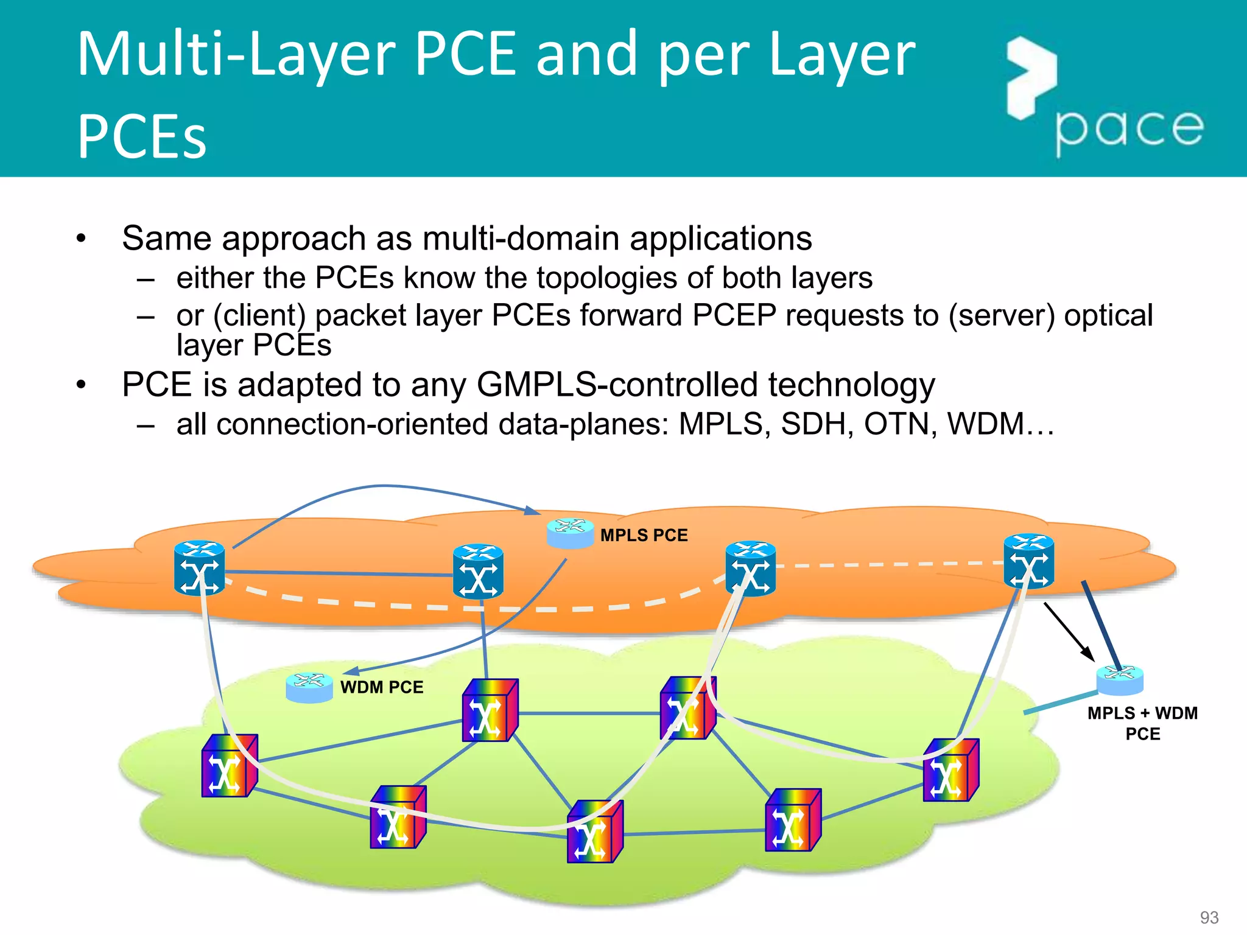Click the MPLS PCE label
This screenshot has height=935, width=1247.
(644, 535)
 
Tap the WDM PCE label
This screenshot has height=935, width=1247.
(381, 687)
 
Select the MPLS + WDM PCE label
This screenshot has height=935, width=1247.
(1142, 723)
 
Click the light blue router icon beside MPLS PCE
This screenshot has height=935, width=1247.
(570, 533)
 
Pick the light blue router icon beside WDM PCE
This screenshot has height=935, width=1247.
(309, 688)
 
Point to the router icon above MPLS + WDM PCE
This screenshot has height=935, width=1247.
(1120, 680)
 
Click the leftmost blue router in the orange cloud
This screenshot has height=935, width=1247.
(199, 568)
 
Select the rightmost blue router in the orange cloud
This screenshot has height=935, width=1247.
(1028, 561)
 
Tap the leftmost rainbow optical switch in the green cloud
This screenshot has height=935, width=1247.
(229, 766)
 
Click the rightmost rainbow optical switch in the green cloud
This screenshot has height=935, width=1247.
(950, 770)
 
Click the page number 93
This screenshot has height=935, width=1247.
(1209, 917)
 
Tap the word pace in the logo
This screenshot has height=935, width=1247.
(1129, 130)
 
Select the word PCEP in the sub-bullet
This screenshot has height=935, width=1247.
(734, 315)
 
